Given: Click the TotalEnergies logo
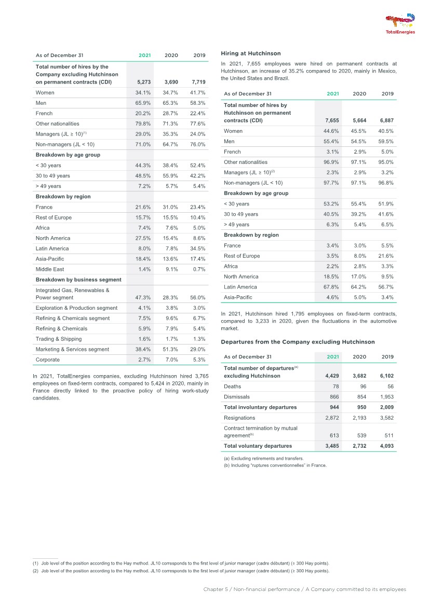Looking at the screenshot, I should (400, 23).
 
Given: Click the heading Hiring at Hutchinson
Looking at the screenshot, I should (250, 53).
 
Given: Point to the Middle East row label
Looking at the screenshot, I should (50, 269).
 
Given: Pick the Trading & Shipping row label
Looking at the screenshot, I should (59, 339).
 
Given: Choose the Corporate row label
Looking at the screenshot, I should (48, 360).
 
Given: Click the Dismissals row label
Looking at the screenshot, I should (236, 397).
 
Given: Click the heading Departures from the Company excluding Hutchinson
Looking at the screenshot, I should (298, 342).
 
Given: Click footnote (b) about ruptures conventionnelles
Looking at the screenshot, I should (275, 465).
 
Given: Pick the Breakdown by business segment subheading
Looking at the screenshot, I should (72, 280).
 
